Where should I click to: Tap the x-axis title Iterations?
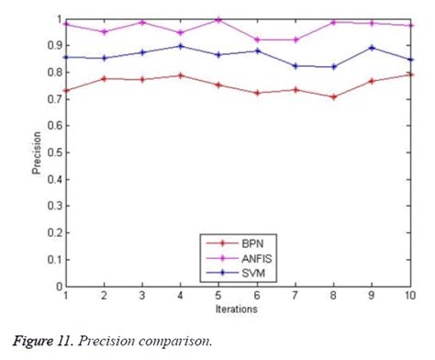pyautogui.click(x=237, y=309)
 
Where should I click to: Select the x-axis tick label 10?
pyautogui.click(x=407, y=295)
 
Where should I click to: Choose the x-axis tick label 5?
pyautogui.click(x=217, y=295)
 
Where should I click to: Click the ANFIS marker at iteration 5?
pyautogui.click(x=217, y=19)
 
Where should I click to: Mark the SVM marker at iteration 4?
pyautogui.click(x=180, y=46)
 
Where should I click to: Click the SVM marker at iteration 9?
pyautogui.click(x=370, y=47)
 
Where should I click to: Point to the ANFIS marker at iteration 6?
pyautogui.click(x=256, y=39)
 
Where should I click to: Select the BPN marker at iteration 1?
pyautogui.click(x=66, y=90)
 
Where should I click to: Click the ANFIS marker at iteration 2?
pyautogui.click(x=104, y=31)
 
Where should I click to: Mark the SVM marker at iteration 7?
pyautogui.click(x=294, y=66)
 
